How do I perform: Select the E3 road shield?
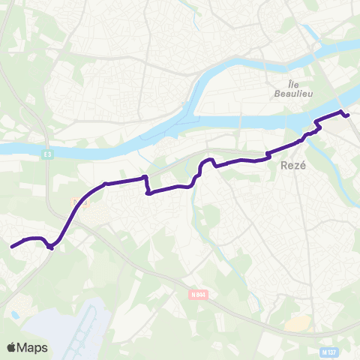click(47, 154)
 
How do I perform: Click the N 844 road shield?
click(198, 295)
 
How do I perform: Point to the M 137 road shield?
click(328, 351)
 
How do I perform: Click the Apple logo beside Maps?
click(12, 347)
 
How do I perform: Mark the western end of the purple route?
click(11, 246)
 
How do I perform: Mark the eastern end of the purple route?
click(348, 115)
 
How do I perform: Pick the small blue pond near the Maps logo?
click(13, 315)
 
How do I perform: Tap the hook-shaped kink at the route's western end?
click(49, 247)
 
